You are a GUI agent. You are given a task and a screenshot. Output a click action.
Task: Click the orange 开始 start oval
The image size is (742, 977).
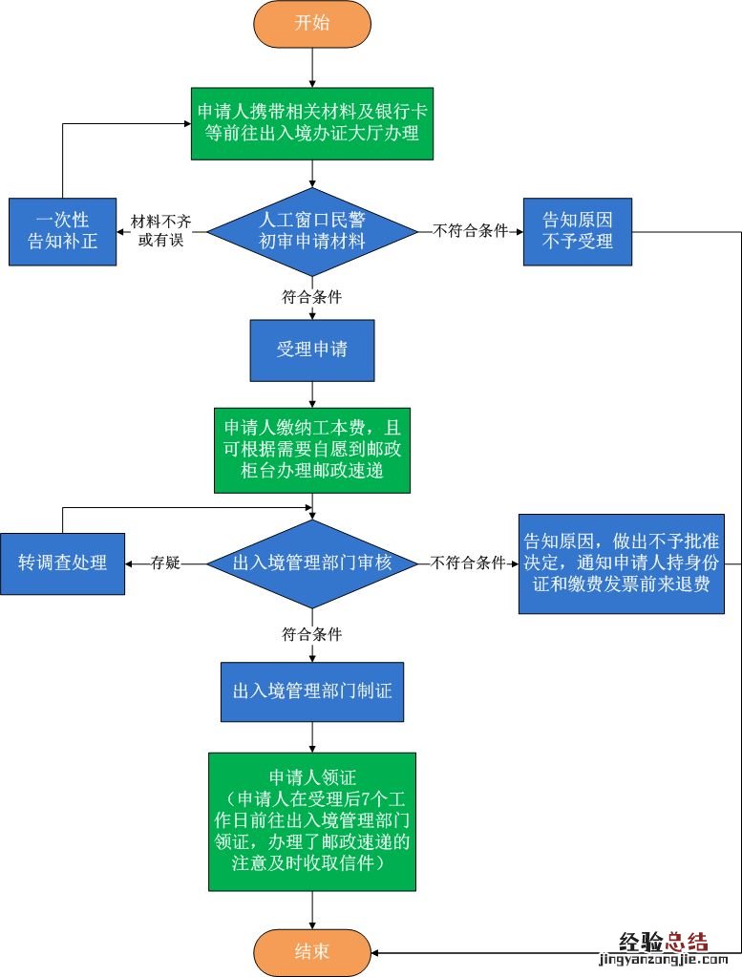click(x=312, y=24)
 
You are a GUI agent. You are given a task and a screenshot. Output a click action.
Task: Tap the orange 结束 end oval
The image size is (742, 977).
click(x=312, y=952)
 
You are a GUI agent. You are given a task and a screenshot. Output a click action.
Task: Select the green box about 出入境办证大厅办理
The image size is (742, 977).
click(x=312, y=122)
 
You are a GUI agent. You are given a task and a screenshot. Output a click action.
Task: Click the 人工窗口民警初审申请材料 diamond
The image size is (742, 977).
click(x=312, y=230)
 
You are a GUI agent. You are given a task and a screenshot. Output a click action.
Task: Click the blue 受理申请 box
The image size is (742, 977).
click(x=312, y=350)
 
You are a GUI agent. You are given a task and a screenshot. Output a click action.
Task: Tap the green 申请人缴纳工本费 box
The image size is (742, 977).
click(x=312, y=451)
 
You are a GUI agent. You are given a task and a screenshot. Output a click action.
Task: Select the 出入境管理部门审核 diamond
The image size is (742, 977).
click(x=312, y=563)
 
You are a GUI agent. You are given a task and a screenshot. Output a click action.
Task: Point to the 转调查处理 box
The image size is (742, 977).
click(x=62, y=563)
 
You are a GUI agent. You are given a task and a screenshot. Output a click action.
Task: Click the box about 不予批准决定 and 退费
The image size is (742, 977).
click(x=621, y=563)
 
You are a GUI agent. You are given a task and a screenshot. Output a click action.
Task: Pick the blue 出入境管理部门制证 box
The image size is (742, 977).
click(x=312, y=690)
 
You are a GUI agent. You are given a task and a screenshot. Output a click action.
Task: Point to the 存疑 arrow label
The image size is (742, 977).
click(x=165, y=563)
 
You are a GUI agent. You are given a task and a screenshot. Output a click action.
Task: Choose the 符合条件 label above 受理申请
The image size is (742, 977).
click(x=312, y=296)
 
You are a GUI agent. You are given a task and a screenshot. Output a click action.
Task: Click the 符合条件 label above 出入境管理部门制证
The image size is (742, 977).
click(x=312, y=633)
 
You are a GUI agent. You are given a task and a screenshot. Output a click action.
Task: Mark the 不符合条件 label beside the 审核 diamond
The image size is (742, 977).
click(x=468, y=563)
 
